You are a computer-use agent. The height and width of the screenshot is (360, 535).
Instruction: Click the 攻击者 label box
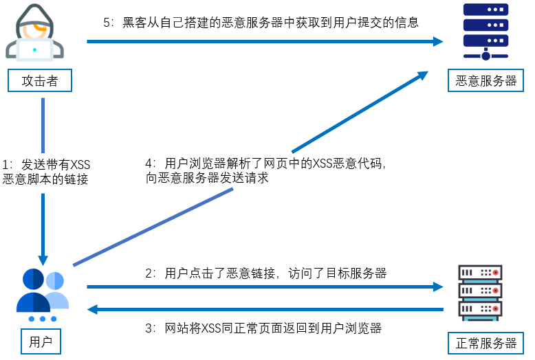pyautogui.click(x=40, y=81)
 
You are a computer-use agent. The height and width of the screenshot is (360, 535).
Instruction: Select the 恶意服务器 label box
pyautogui.click(x=486, y=81)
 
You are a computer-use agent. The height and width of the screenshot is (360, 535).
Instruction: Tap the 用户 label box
pyautogui.click(x=40, y=341)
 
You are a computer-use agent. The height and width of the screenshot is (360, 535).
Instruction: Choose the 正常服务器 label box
pyautogui.click(x=486, y=342)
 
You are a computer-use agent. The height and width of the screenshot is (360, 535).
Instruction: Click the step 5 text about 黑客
pyautogui.click(x=261, y=22)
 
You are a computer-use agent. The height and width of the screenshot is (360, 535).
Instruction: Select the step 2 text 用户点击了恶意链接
pyautogui.click(x=265, y=273)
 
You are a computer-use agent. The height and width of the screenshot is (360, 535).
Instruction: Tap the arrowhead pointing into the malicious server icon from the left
pyautogui.click(x=437, y=41)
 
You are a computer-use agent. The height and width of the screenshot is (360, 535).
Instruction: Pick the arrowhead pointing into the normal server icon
pyautogui.click(x=437, y=286)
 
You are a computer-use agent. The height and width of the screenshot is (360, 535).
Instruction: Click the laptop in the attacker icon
pyautogui.click(x=34, y=49)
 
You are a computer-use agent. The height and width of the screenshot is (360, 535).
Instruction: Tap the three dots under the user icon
pyautogui.click(x=43, y=319)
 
